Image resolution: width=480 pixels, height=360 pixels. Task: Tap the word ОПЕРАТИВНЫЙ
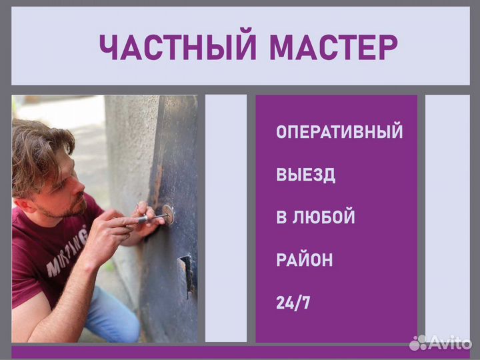339,132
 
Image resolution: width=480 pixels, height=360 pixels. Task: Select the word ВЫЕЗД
305,175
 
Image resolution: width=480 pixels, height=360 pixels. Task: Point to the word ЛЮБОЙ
325,217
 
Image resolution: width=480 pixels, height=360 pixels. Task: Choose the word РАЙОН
304,260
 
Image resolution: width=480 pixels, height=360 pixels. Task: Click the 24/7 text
293,303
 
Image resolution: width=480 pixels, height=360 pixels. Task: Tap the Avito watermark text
451,343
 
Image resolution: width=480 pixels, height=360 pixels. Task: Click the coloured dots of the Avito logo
418,343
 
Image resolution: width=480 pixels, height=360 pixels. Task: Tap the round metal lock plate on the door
167,213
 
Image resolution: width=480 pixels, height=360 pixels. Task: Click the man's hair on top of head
40,140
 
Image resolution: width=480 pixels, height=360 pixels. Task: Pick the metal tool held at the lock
150,217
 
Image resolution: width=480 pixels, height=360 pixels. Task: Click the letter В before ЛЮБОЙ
281,217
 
